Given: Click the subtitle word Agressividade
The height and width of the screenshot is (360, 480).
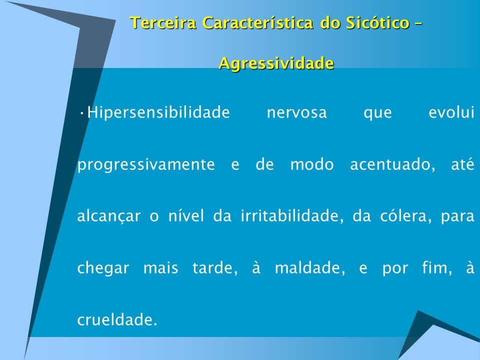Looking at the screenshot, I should click(276, 63).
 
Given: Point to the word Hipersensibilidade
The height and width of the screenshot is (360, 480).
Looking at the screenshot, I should click(158, 112).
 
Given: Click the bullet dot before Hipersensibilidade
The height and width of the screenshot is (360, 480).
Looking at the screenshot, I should click(81, 112).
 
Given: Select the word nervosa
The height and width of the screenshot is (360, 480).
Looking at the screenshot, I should click(296, 112).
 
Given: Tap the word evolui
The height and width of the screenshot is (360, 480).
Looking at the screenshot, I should click(451, 112).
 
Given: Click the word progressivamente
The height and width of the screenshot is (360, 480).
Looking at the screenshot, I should click(146, 165).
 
